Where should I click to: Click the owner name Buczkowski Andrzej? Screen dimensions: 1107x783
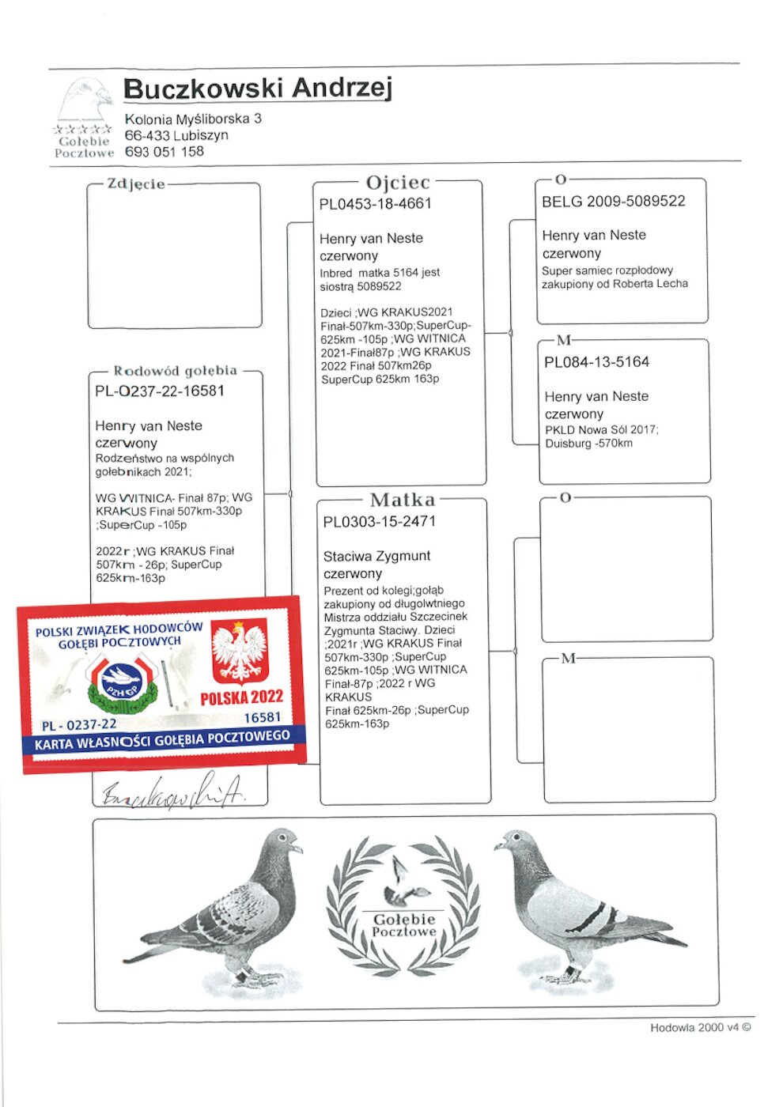tap(257, 88)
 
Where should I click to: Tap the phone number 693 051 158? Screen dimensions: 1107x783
tap(164, 152)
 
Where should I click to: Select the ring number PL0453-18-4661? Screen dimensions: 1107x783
tap(375, 204)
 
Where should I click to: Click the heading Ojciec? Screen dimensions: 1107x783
tap(398, 183)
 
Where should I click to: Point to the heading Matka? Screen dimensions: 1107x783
tap(402, 500)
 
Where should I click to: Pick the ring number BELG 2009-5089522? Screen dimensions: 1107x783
tap(613, 202)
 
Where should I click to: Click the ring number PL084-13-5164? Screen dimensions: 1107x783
tap(596, 362)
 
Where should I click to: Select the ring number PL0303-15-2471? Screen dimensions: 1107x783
tap(379, 522)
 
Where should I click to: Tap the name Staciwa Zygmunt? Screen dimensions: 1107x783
tap(376, 556)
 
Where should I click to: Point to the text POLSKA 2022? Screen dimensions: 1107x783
tap(241, 697)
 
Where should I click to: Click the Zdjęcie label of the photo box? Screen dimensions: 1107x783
tap(136, 184)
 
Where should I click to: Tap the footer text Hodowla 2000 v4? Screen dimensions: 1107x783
tap(699, 1028)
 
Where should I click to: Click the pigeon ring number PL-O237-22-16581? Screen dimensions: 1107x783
tap(160, 391)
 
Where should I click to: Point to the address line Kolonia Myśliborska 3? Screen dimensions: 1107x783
tap(193, 119)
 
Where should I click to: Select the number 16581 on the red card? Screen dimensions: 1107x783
tap(262, 717)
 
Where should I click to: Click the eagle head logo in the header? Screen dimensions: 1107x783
tap(85, 100)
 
